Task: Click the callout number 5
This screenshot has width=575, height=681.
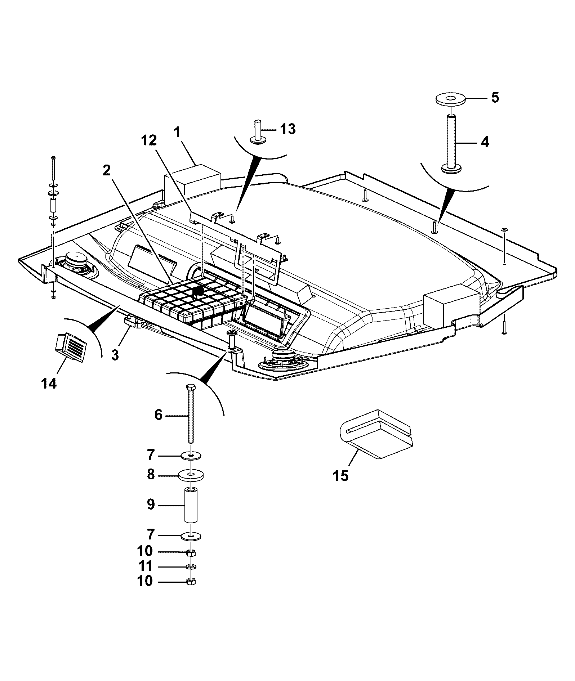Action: coord(495,97)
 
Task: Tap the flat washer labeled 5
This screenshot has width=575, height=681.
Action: coord(450,100)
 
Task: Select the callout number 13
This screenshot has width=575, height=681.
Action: coord(287,129)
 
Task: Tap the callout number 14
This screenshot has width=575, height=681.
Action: coord(49,384)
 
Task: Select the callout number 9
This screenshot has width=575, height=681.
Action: coord(151,504)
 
